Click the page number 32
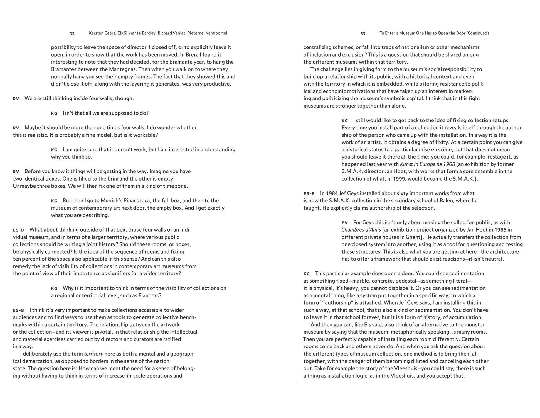tap(72, 33)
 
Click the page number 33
tap(363, 33)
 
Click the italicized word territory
tap(94, 354)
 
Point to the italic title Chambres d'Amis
tap(361, 230)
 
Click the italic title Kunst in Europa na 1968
tap(427, 164)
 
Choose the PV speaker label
tap(345, 223)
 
